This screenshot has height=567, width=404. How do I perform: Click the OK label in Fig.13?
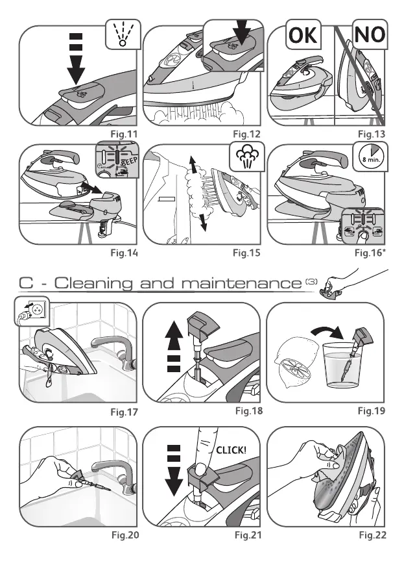303,36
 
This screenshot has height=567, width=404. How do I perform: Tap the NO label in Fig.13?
369,36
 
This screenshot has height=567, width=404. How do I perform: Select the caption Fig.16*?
372,253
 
